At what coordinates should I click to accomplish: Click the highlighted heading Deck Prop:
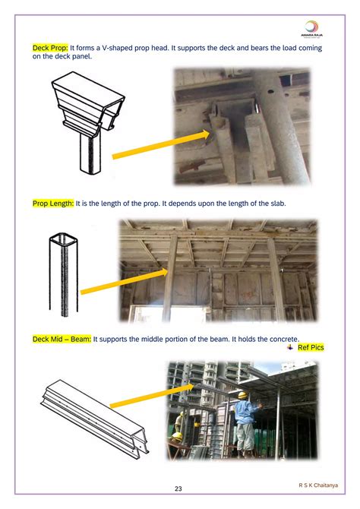(50, 48)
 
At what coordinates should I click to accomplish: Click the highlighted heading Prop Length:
(53, 204)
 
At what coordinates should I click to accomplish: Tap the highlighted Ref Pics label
(310, 347)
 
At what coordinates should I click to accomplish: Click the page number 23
(179, 488)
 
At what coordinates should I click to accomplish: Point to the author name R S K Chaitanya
(318, 483)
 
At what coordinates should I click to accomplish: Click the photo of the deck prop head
(242, 127)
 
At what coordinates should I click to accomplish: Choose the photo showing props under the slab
(217, 270)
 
